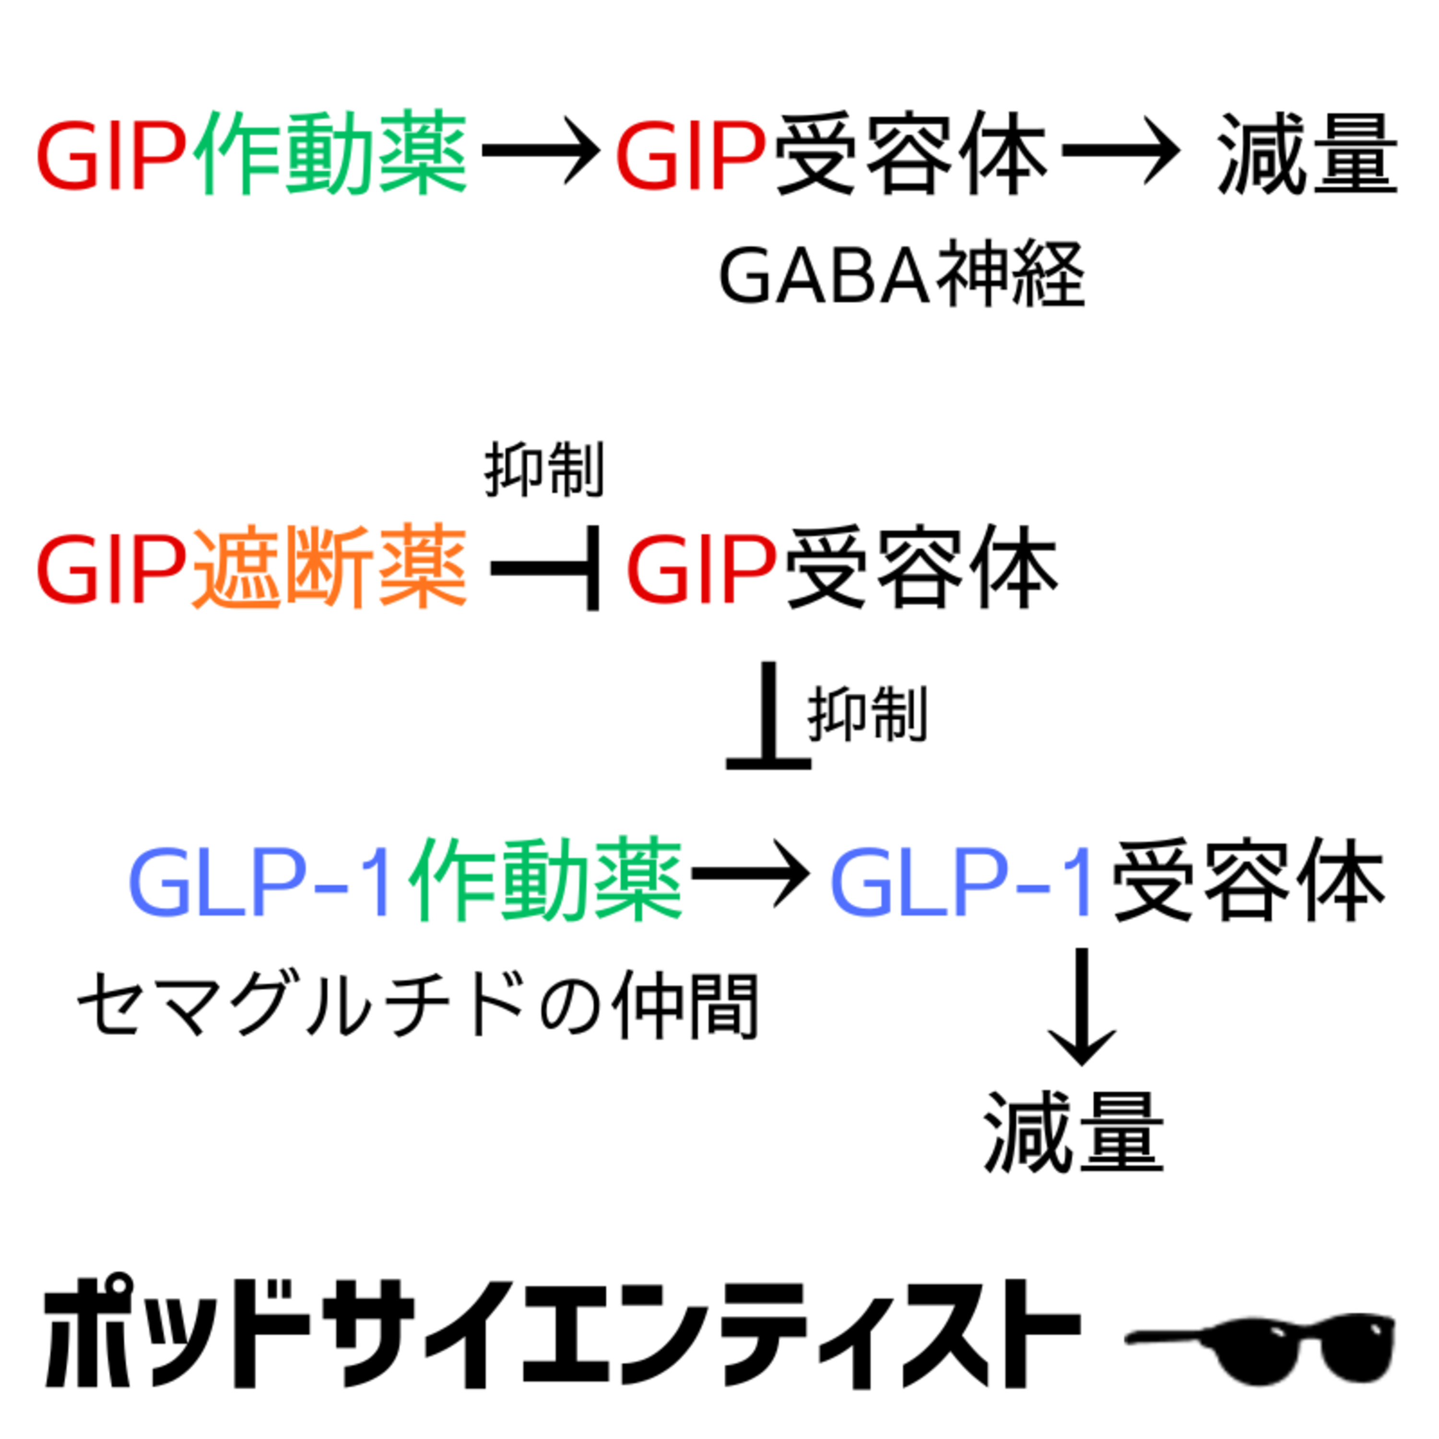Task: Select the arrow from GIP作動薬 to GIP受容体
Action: (540, 151)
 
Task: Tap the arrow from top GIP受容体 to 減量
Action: (1120, 151)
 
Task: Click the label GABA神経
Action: (901, 276)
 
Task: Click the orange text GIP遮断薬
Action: (252, 567)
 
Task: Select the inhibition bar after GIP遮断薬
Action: (547, 567)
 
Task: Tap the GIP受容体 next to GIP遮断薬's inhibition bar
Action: (842, 567)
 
